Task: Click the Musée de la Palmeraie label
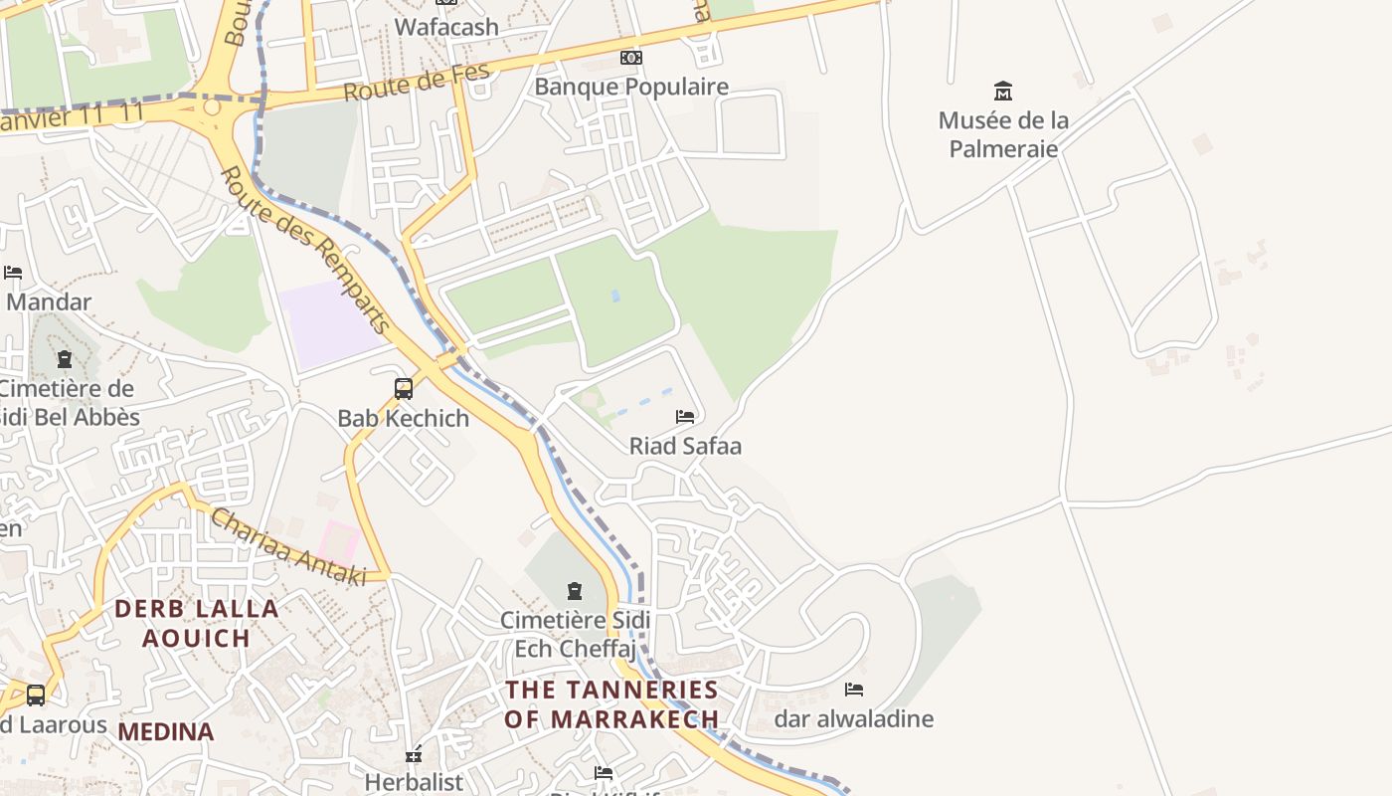[x=1003, y=134]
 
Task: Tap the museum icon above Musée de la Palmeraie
[x=1003, y=92]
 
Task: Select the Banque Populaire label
[x=631, y=87]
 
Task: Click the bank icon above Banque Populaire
[x=631, y=58]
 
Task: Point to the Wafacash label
[x=446, y=27]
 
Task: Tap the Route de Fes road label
[x=418, y=82]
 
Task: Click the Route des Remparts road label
[x=304, y=249]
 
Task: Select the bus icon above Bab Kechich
[x=404, y=388]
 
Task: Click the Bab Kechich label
[x=404, y=418]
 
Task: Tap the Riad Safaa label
[x=685, y=446]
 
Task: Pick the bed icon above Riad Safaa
[x=685, y=416]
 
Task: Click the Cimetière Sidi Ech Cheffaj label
[x=575, y=634]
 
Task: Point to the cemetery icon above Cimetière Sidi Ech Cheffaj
[x=575, y=591]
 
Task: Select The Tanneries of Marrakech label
[x=611, y=703]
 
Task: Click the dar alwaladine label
[x=854, y=718]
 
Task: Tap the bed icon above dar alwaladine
[x=854, y=689]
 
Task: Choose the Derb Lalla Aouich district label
[x=196, y=623]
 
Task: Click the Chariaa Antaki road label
[x=288, y=547]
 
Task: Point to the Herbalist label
[x=414, y=782]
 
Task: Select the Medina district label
[x=166, y=732]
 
